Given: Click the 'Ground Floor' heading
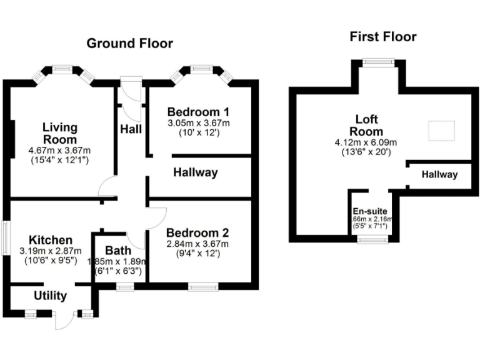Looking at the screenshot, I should [129, 43].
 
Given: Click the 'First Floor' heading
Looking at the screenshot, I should [382, 37].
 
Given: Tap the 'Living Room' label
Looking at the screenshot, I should [59, 133].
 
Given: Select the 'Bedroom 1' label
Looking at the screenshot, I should [198, 112].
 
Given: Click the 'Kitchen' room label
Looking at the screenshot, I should [51, 240].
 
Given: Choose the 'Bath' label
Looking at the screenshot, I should [117, 251].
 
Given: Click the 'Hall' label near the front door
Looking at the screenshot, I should [130, 129].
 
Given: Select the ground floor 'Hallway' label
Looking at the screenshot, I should [195, 172].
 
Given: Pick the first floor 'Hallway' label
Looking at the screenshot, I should [439, 175].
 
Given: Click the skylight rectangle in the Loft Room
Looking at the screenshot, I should [442, 131].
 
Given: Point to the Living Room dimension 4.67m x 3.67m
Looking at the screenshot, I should [59, 151].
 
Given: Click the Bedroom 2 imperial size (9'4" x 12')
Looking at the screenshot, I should [197, 254].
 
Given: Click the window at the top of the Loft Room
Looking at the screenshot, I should [379, 61].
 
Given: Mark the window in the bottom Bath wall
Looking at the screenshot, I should [125, 287].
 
